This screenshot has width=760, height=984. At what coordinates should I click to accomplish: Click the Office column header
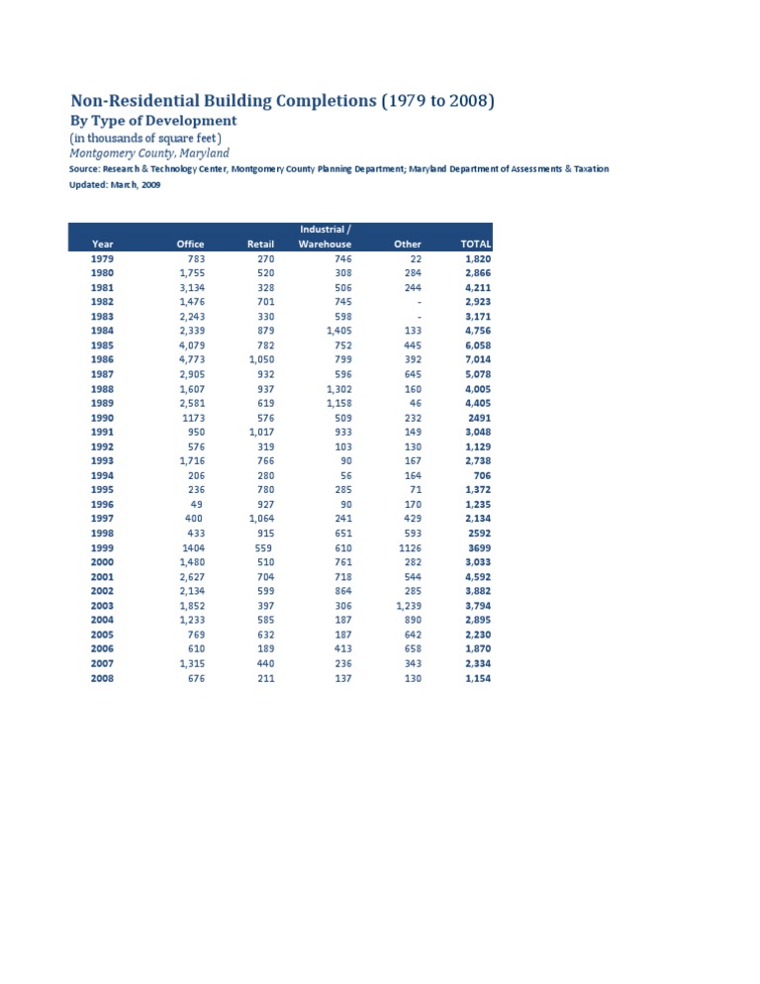coord(190,244)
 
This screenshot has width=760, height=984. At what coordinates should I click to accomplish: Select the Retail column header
coord(260,244)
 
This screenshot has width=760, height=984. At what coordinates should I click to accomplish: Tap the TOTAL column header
coord(476,244)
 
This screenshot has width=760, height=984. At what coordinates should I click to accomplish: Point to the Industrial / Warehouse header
coord(325,237)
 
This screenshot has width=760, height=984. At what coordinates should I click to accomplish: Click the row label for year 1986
coord(102,360)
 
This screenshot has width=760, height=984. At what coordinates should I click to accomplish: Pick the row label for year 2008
coord(102,679)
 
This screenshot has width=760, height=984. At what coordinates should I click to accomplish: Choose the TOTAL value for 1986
coord(478,360)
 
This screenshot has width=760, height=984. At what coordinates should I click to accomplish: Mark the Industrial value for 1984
coord(338,331)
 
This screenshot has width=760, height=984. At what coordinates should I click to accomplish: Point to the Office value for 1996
coord(198,505)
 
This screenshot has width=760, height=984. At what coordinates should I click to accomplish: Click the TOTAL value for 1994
coord(483,476)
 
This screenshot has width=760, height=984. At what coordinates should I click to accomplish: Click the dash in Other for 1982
coord(420,302)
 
